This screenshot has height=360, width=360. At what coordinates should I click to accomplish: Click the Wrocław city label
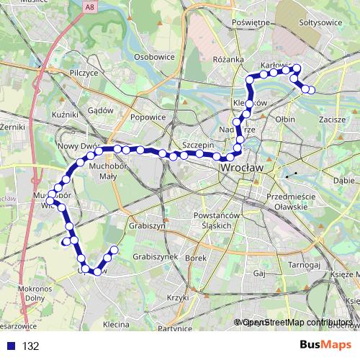tap(240, 167)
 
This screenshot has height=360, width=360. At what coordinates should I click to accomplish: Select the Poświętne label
tap(249, 22)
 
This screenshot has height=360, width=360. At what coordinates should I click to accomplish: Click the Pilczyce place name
tap(84, 73)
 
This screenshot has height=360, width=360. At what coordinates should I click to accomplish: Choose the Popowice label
tap(148, 117)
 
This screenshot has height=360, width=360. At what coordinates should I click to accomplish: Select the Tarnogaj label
tap(294, 264)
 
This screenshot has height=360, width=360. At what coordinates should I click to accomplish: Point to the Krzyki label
tap(177, 297)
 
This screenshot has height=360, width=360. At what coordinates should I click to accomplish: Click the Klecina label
tap(115, 325)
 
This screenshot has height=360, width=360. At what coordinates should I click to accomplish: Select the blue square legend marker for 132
tap(10, 346)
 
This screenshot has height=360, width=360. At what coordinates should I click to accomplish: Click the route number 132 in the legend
tap(30, 346)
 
